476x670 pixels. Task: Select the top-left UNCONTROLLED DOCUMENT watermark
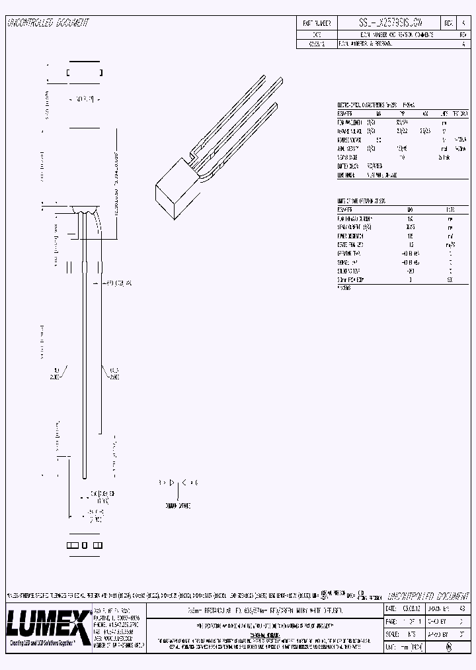point(48,23)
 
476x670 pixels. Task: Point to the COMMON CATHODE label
point(176,505)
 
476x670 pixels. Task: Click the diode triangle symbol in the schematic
point(174,483)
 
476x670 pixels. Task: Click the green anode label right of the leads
point(114,373)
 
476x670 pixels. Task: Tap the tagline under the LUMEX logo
point(48,643)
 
